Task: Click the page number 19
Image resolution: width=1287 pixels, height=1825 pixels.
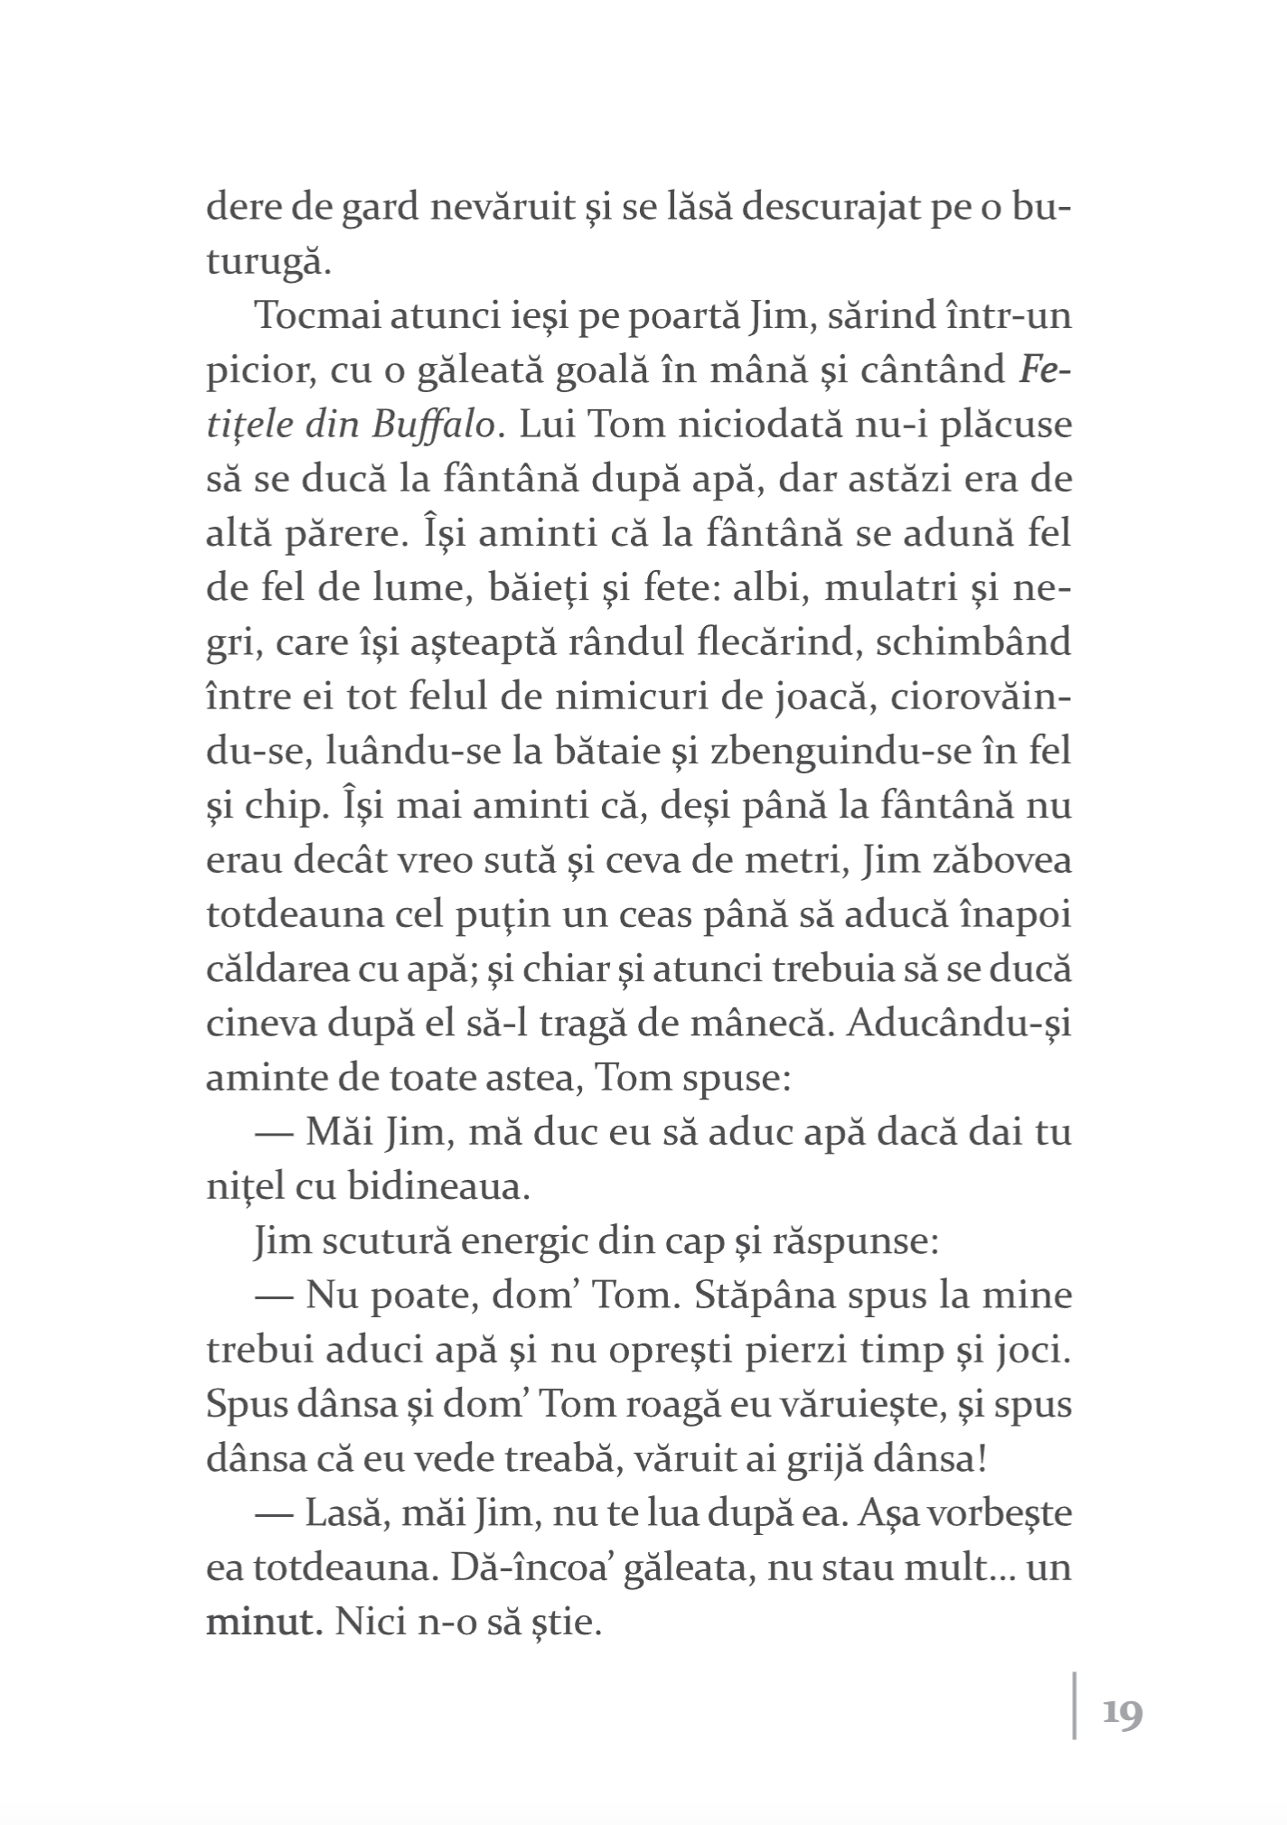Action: (1123, 1714)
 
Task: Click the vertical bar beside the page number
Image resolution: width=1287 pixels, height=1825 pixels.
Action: (1076, 1712)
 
